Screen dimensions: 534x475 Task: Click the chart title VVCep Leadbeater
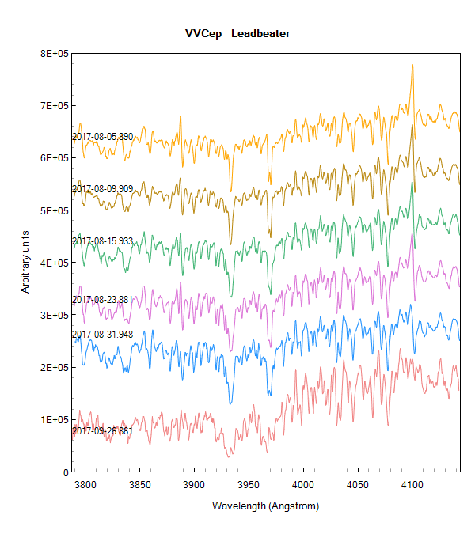point(237,34)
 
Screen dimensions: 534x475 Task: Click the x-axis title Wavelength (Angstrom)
point(265,505)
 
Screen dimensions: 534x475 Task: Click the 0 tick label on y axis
point(66,472)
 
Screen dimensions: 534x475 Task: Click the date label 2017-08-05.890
point(103,137)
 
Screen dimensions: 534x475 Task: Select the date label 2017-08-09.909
point(103,189)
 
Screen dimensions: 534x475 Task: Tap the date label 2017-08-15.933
point(103,240)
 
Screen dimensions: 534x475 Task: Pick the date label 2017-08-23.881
point(103,300)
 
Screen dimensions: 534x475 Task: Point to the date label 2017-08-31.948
point(103,335)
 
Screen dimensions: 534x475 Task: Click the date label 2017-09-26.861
point(103,431)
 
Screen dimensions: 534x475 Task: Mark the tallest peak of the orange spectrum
point(412,66)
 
